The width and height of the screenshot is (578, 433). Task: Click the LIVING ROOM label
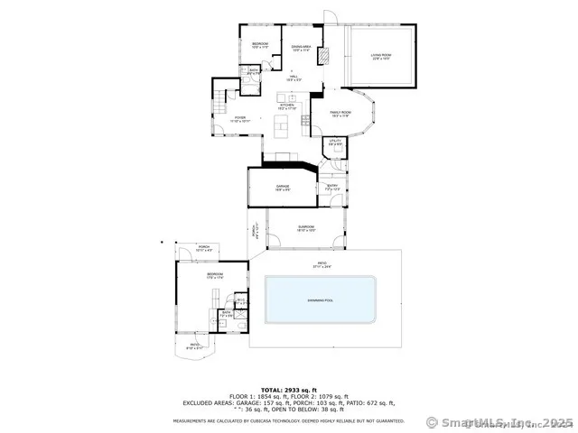[381, 58]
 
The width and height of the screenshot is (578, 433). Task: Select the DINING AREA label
[301, 48]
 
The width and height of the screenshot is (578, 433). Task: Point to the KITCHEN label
[286, 107]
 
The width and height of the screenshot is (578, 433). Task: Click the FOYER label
[240, 117]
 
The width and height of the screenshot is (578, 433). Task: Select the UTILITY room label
[334, 142]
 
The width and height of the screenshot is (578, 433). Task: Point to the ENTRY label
[331, 188]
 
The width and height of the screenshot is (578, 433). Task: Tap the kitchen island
[284, 124]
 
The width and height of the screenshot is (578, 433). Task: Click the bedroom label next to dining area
[259, 44]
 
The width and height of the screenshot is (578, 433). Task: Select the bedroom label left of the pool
[214, 275]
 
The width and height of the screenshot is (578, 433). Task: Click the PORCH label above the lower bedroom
[204, 248]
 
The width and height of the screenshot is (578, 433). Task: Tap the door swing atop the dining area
[331, 18]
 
